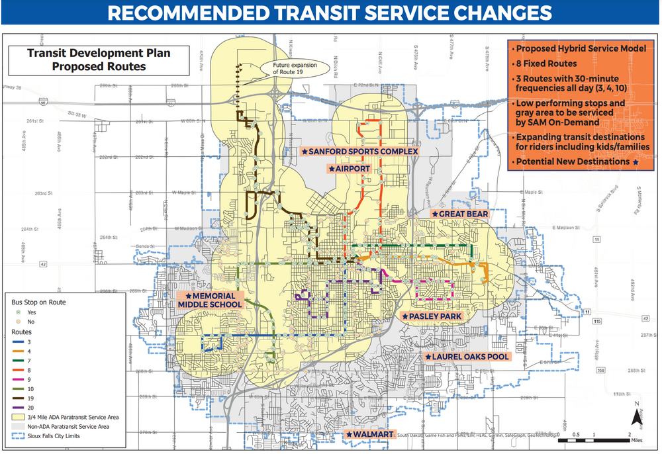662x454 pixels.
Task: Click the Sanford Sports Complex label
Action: pos(360,152)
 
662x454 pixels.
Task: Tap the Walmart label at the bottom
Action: pos(370,435)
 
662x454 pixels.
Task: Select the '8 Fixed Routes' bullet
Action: pos(547,64)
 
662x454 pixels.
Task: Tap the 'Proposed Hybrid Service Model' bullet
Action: pos(571,49)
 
